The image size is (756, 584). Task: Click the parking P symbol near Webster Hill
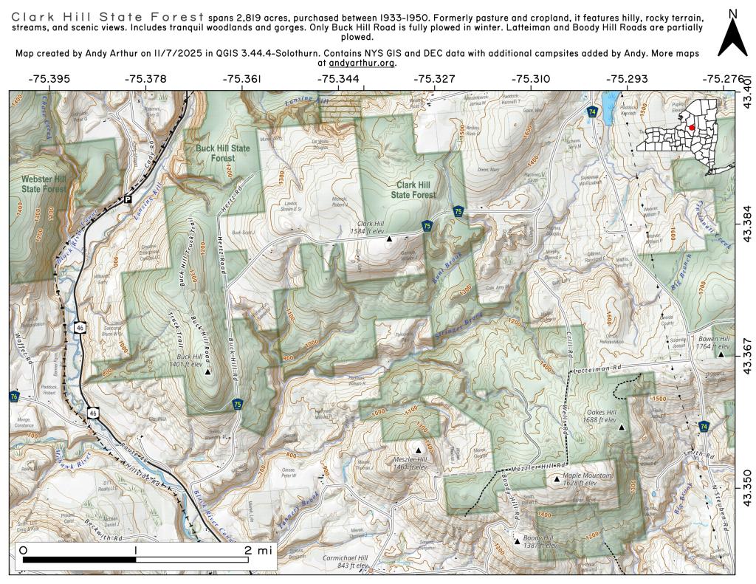click(x=127, y=199)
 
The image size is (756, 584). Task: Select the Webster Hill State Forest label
click(x=44, y=184)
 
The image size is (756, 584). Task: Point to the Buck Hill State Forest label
click(x=222, y=153)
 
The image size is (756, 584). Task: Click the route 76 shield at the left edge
click(x=15, y=396)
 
